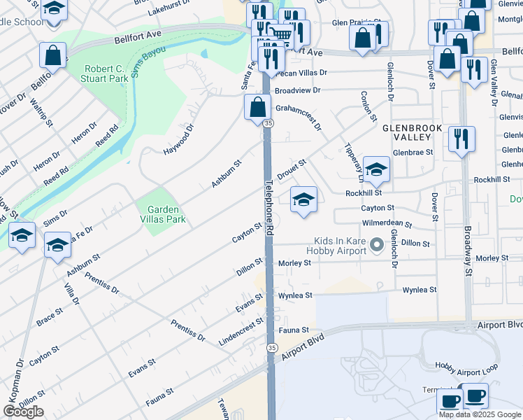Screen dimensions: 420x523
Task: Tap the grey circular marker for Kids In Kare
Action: (x=377, y=244)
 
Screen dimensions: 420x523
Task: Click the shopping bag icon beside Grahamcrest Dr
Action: (x=257, y=107)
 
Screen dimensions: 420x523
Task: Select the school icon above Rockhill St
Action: (x=376, y=169)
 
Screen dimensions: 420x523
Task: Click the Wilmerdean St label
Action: (x=385, y=225)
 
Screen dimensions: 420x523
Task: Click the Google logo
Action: (x=23, y=412)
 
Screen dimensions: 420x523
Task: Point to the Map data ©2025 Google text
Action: (x=480, y=414)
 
